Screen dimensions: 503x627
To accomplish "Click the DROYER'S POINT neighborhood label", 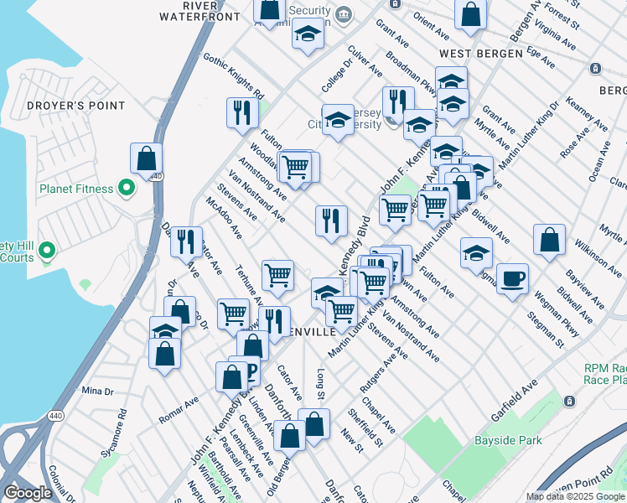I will tap(75, 106).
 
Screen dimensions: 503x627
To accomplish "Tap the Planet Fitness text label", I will tap(75, 189).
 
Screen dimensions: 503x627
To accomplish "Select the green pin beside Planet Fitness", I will tap(127, 188).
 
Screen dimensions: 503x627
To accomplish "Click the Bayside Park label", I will tap(505, 440).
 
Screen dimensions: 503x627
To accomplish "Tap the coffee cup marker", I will tap(512, 278).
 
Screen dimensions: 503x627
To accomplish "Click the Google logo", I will tap(28, 493).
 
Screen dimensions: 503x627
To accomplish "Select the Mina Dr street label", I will tap(97, 392).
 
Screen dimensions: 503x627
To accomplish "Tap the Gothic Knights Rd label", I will tap(234, 75).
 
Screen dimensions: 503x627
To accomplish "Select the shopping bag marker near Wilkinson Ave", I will tap(549, 241).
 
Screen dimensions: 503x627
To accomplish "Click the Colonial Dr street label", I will tap(63, 483).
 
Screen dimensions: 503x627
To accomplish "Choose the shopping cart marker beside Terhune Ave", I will tap(277, 274).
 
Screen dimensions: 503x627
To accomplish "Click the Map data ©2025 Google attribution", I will tap(574, 496).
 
